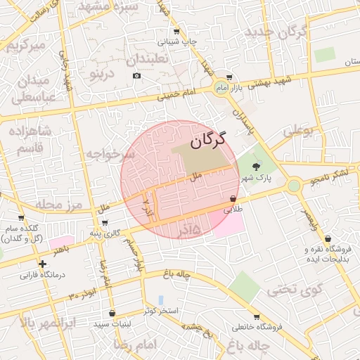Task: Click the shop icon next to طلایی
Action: [x=233, y=199]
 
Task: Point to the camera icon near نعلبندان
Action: [x=136, y=75]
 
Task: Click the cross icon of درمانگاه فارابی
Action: [x=43, y=264]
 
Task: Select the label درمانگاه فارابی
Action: [x=41, y=275]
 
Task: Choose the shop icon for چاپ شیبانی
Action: [x=176, y=32]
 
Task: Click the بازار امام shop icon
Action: [x=228, y=77]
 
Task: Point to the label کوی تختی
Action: [x=297, y=288]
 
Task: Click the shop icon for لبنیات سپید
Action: [x=112, y=313]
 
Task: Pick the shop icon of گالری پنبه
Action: [x=105, y=223]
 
